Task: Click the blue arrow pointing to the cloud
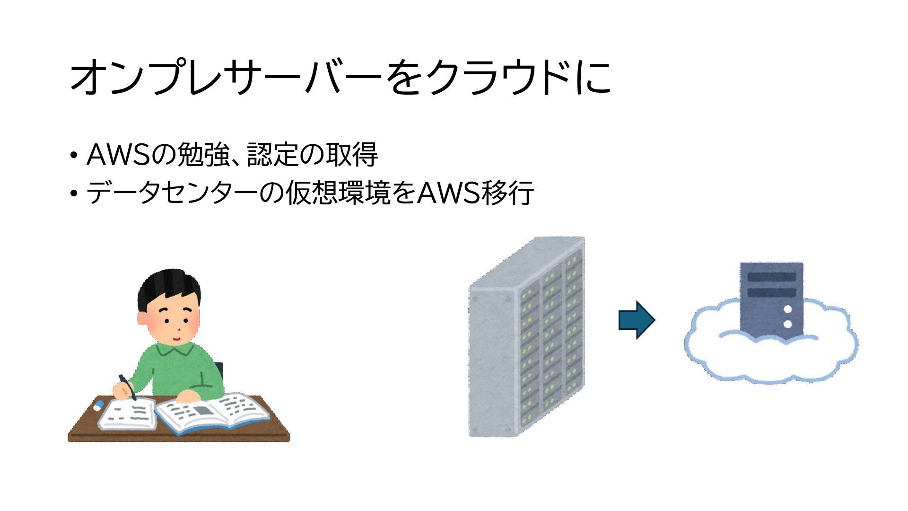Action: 637,320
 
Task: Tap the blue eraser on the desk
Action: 99,405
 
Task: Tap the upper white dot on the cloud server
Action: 788,309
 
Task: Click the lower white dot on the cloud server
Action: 788,324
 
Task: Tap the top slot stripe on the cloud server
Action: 771,277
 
